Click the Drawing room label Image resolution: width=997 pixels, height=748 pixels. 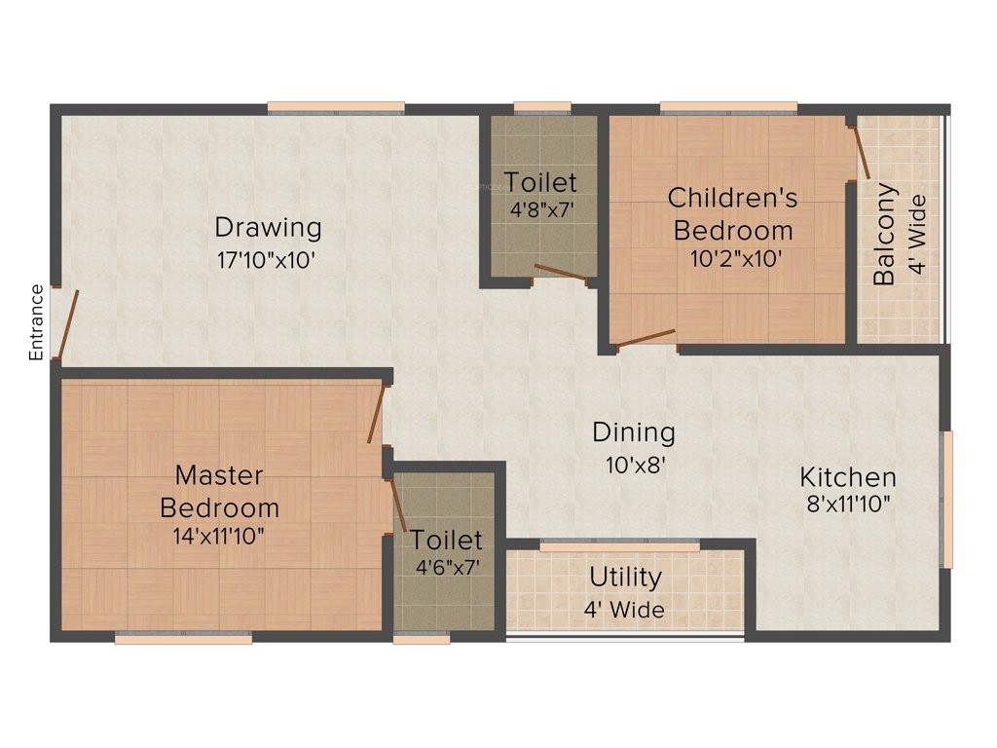point(268,228)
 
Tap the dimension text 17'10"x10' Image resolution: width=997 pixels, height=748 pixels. point(268,260)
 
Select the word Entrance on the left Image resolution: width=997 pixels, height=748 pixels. point(37,322)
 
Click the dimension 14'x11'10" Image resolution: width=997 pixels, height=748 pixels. point(219,535)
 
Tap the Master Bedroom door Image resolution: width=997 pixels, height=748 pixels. point(376,414)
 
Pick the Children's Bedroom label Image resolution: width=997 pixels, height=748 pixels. point(733,214)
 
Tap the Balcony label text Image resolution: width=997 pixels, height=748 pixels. point(884,234)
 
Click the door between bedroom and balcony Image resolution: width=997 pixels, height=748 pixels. point(861,151)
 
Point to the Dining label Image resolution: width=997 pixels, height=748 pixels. point(634,431)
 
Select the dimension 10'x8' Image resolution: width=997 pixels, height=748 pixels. point(634,465)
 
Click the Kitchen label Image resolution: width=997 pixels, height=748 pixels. point(848,477)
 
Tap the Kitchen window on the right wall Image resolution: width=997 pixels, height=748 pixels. point(945,499)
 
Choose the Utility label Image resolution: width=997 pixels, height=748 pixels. point(625,577)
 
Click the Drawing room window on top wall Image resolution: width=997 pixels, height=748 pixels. point(336,107)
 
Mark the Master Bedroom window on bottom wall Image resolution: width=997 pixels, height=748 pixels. point(183,639)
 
